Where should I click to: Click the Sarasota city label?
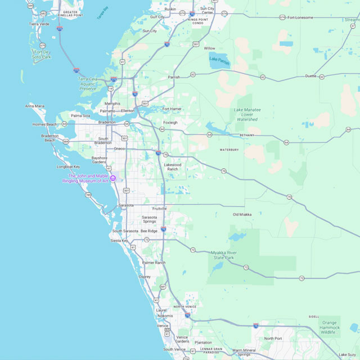pyautogui.click(x=126, y=205)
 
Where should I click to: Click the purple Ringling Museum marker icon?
pyautogui.click(x=113, y=178)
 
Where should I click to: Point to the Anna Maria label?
pyautogui.click(x=35, y=106)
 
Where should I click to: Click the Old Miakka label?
pyautogui.click(x=242, y=214)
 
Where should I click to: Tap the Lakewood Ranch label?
pyautogui.click(x=172, y=166)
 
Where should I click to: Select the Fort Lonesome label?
pyautogui.click(x=300, y=17)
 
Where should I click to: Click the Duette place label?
pyautogui.click(x=310, y=75)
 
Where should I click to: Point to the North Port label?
pyautogui.click(x=273, y=338)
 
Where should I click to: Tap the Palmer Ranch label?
pyautogui.click(x=154, y=263)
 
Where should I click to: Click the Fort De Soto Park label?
pyautogui.click(x=42, y=55)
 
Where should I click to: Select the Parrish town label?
pyautogui.click(x=174, y=77)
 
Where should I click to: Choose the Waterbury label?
pyautogui.click(x=229, y=150)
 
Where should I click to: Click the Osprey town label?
pyautogui.click(x=145, y=277)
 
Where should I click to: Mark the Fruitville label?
pyautogui.click(x=159, y=208)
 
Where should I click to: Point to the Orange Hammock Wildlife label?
pyautogui.click(x=329, y=327)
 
